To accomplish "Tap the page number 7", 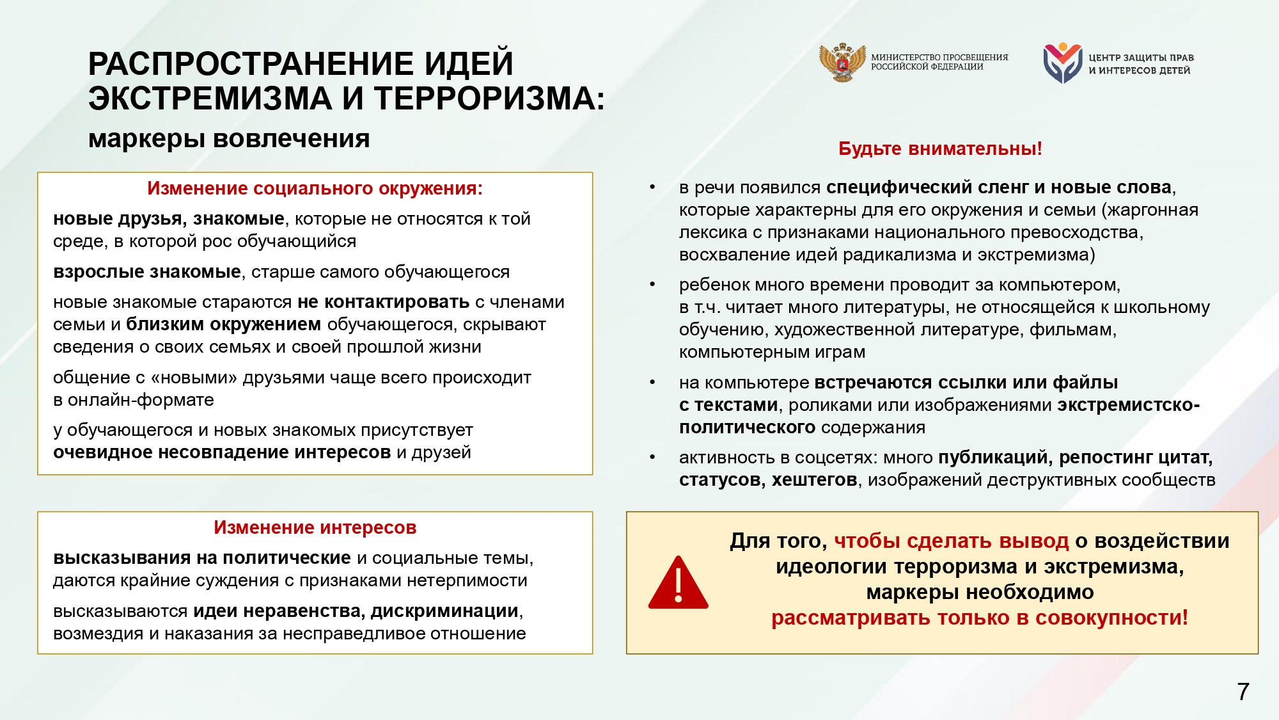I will [1243, 692].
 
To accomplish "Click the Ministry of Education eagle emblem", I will [842, 62].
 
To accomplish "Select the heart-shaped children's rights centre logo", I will [1062, 63].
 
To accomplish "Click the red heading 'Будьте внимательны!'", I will [940, 148].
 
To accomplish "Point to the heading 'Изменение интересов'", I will [315, 527].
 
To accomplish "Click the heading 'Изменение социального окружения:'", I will [315, 188].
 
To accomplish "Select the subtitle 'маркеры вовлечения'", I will [229, 139].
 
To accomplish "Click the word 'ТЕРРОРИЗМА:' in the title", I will [489, 99].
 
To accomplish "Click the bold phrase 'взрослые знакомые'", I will [146, 272].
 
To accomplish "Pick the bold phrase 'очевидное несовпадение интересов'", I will [221, 452].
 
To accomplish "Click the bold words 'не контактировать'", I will [383, 302].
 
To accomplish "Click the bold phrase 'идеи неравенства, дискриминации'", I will [356, 611].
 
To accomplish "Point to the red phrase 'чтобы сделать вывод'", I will [951, 541].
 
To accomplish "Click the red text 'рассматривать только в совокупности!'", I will [979, 618].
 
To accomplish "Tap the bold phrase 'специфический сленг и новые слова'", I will [998, 188].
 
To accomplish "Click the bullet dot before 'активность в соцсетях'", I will [652, 457].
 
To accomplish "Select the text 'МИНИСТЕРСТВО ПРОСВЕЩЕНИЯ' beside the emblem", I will [939, 57].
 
